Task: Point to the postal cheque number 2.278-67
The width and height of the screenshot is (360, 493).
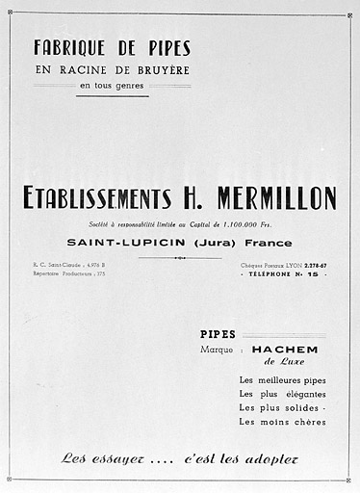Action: (x=311, y=264)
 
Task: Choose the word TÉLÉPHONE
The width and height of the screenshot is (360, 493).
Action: (x=271, y=273)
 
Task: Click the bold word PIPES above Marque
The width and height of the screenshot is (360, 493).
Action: (x=218, y=334)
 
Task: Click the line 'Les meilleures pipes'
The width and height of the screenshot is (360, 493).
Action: (x=282, y=380)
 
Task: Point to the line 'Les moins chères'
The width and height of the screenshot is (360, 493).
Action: (x=282, y=422)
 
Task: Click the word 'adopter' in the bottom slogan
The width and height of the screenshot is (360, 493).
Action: (x=270, y=458)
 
